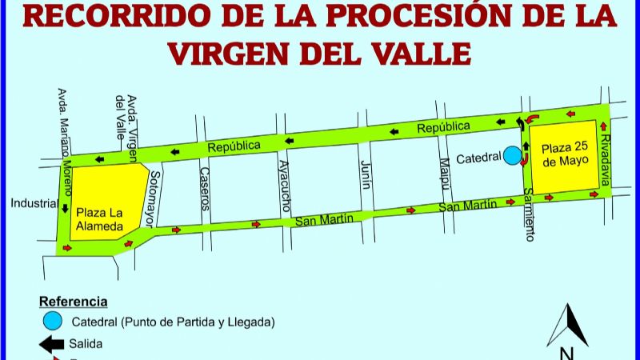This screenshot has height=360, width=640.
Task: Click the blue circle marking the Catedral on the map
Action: click(511, 156)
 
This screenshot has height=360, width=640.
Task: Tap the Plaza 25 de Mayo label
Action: click(564, 154)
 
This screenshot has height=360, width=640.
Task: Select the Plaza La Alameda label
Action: click(99, 219)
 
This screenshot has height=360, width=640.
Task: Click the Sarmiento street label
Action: click(529, 215)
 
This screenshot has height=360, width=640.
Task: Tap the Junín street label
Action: click(366, 174)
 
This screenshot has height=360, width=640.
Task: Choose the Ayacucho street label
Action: click(283, 182)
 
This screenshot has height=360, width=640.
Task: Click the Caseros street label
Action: click(204, 188)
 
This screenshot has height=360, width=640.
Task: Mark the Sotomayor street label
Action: click(155, 197)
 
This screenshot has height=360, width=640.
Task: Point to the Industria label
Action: click(32, 203)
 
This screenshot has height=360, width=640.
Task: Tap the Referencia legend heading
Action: click(73, 302)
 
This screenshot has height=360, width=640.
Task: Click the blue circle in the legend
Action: click(53, 322)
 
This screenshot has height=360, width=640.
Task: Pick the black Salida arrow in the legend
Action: click(52, 344)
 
